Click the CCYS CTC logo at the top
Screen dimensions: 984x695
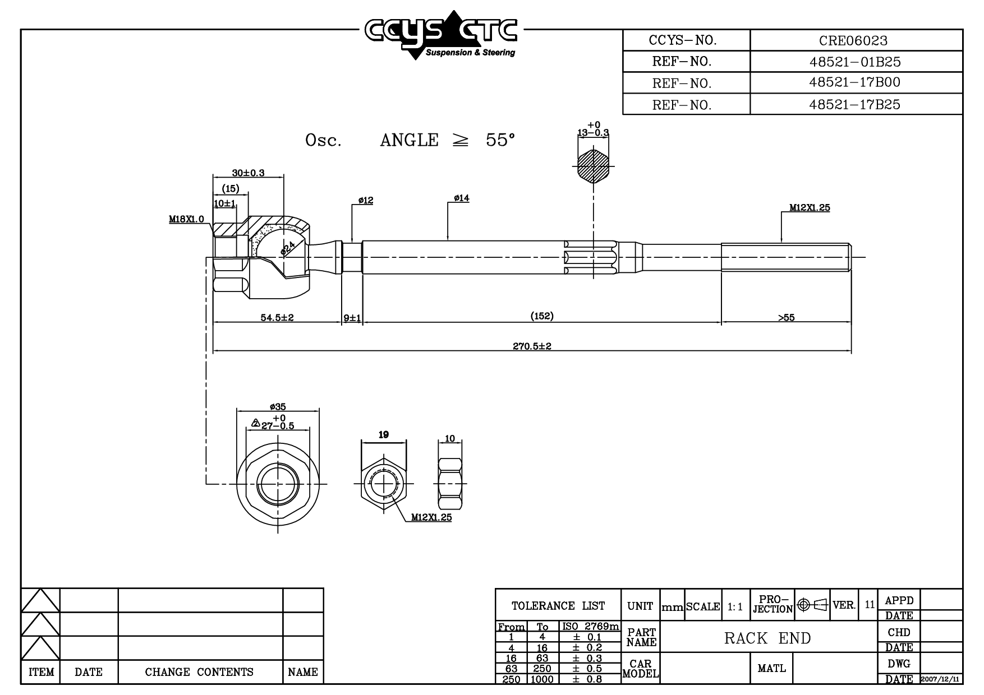click(x=440, y=34)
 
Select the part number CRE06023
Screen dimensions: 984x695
click(x=853, y=41)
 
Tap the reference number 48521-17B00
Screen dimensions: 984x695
click(x=854, y=82)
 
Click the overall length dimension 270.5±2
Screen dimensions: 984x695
click(x=532, y=346)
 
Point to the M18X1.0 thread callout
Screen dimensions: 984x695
click(x=187, y=219)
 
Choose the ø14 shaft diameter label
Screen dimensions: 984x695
click(x=462, y=198)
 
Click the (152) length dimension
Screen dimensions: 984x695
click(x=542, y=316)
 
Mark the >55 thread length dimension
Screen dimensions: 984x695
click(x=786, y=318)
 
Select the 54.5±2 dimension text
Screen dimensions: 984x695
click(x=277, y=318)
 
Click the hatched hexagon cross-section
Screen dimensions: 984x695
click(x=593, y=166)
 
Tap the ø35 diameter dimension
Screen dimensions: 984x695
click(x=278, y=407)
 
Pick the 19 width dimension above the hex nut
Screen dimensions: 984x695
click(x=384, y=435)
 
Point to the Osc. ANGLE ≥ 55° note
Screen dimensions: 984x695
click(x=410, y=140)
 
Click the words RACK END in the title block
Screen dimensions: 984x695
click(x=767, y=638)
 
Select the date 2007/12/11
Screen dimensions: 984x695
click(x=941, y=679)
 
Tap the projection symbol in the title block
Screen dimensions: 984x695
click(x=813, y=605)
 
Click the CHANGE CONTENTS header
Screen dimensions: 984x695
click(x=199, y=672)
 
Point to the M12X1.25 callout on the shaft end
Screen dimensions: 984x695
click(x=810, y=208)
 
